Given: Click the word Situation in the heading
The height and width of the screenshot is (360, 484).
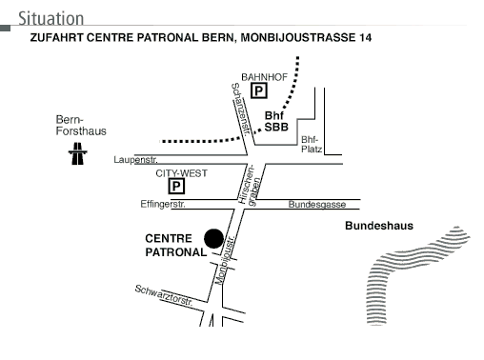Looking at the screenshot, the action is tap(51, 18).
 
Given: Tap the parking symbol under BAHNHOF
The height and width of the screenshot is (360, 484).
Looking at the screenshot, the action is tap(259, 90).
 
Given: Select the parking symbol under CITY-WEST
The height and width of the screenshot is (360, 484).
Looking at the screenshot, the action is tap(176, 186).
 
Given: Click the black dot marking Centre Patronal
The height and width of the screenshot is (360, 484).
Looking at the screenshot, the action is tap(213, 238).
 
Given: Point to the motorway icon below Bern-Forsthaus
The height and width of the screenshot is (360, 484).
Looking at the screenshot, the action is tap(77, 153).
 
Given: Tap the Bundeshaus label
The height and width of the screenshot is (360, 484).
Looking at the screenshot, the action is tap(379, 226).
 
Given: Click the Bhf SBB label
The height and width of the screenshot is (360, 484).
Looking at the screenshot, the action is tap(276, 121).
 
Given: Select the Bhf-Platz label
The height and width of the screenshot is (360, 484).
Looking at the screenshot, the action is tap(312, 144).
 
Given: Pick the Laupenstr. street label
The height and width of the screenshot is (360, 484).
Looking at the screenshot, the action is tap(135, 160).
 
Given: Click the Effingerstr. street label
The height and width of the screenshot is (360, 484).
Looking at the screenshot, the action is tap(163, 204).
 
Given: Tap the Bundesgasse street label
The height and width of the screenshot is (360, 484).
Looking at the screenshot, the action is tap(317, 204).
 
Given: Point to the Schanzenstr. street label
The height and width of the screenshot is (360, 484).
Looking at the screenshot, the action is tap(241, 110).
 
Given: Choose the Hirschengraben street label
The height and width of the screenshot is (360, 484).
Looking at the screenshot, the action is tap(251, 185).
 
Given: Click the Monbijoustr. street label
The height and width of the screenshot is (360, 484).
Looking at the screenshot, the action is tap(225, 260).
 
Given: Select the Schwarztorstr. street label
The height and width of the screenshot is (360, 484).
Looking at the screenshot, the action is tap(164, 295).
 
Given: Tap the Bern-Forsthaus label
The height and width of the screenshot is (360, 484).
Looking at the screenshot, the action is tap(81, 126).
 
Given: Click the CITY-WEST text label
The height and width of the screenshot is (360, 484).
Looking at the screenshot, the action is tap(181, 173).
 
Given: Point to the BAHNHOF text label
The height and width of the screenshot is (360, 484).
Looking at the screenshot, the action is tap(264, 77).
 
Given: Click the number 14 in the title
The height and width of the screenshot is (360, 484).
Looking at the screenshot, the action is tap(365, 38).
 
